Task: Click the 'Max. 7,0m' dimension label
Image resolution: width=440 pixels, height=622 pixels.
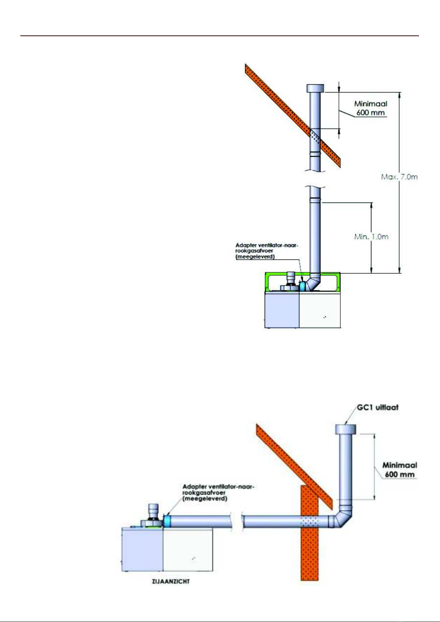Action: (399, 177)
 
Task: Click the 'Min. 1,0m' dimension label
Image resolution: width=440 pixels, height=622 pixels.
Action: (371, 237)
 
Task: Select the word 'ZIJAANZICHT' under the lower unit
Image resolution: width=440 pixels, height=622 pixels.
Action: (171, 581)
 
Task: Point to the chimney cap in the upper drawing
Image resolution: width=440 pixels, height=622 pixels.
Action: (315, 88)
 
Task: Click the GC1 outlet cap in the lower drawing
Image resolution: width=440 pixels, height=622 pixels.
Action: (346, 429)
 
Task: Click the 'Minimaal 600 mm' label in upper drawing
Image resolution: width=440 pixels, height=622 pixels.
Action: (371, 108)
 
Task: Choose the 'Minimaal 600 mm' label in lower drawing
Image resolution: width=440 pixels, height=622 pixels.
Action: (400, 470)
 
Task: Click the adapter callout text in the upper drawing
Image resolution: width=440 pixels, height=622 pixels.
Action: (267, 251)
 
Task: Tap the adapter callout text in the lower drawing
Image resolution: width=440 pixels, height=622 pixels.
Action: (218, 492)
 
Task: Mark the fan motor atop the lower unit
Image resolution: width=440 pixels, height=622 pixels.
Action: (153, 515)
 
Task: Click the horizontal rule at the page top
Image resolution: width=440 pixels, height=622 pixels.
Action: (220, 36)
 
